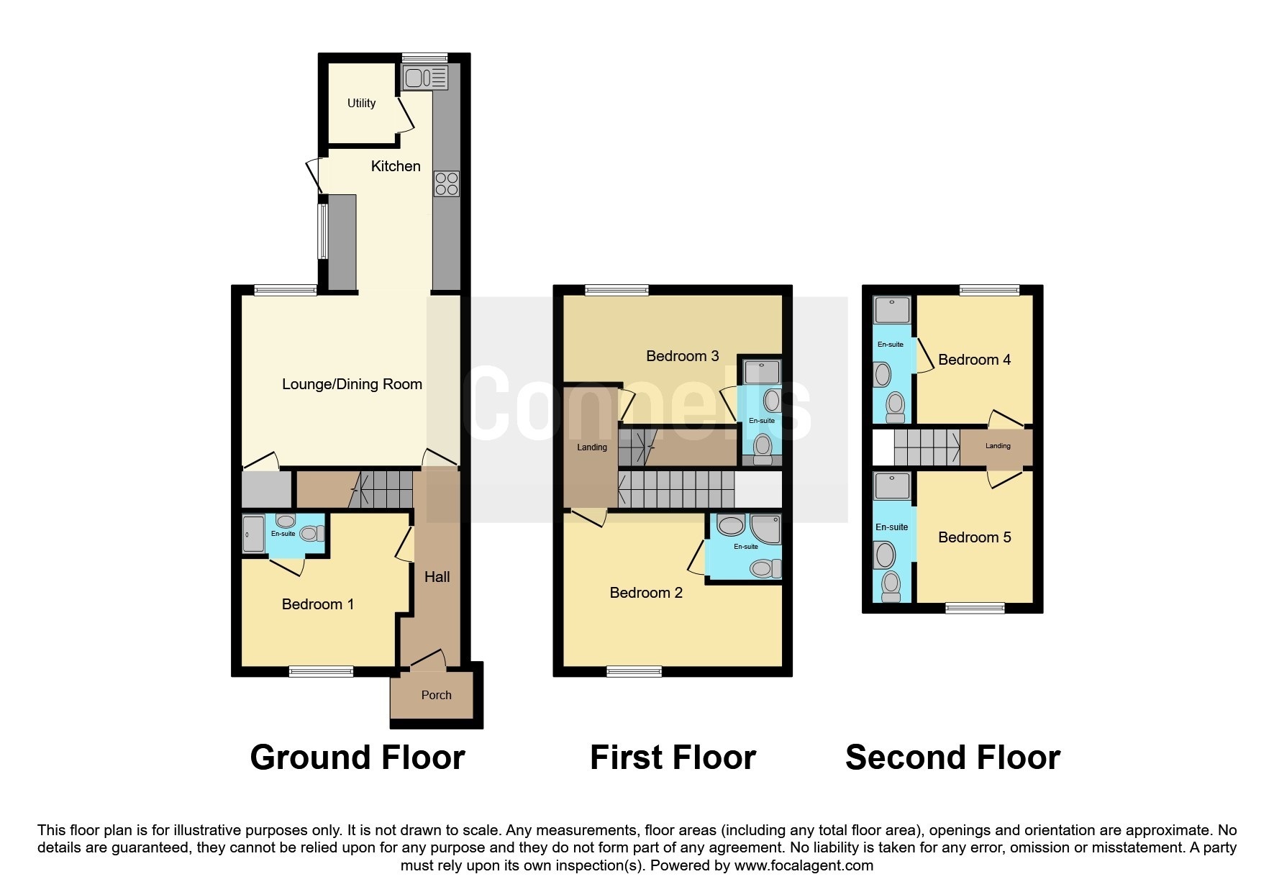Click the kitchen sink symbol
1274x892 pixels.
[x=425, y=77]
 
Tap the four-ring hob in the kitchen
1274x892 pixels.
[x=446, y=183]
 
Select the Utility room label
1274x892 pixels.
[x=361, y=104]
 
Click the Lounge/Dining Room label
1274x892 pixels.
[x=352, y=384]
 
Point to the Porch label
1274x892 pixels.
[x=436, y=695]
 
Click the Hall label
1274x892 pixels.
[x=437, y=577]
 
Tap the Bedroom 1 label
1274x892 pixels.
[x=317, y=604]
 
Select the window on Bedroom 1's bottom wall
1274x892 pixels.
[x=321, y=671]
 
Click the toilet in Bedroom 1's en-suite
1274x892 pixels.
[x=311, y=534]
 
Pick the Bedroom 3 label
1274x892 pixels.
[x=682, y=356]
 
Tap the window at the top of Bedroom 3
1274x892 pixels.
[x=616, y=290]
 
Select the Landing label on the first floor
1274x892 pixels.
[x=591, y=447]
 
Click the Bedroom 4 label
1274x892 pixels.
[x=974, y=360]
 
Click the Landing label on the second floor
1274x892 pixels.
[x=997, y=446]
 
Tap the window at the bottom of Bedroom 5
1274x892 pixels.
[x=975, y=608]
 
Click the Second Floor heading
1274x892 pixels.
[x=952, y=757]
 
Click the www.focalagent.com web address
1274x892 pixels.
[x=803, y=865]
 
